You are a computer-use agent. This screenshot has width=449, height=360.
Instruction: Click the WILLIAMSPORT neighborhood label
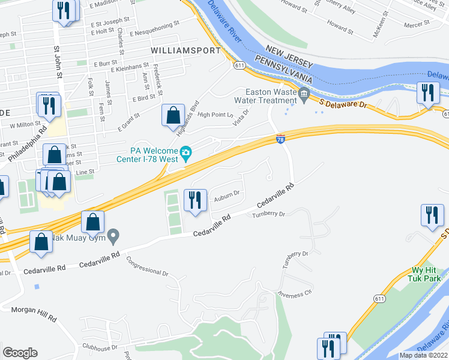186,50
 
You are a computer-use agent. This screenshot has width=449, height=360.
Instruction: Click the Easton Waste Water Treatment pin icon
304,93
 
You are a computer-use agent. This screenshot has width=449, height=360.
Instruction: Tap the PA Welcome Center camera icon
186,152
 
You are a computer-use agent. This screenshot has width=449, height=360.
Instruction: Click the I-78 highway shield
281,139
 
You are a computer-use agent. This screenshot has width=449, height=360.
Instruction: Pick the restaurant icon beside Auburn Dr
195,200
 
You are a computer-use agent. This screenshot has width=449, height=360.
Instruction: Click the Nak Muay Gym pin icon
113,238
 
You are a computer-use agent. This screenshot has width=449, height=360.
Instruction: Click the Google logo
20,353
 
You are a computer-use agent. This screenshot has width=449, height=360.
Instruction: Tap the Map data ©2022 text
423,355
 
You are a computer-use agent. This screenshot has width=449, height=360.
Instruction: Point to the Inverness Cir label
297,293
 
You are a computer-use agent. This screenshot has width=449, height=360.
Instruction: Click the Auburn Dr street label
227,193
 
